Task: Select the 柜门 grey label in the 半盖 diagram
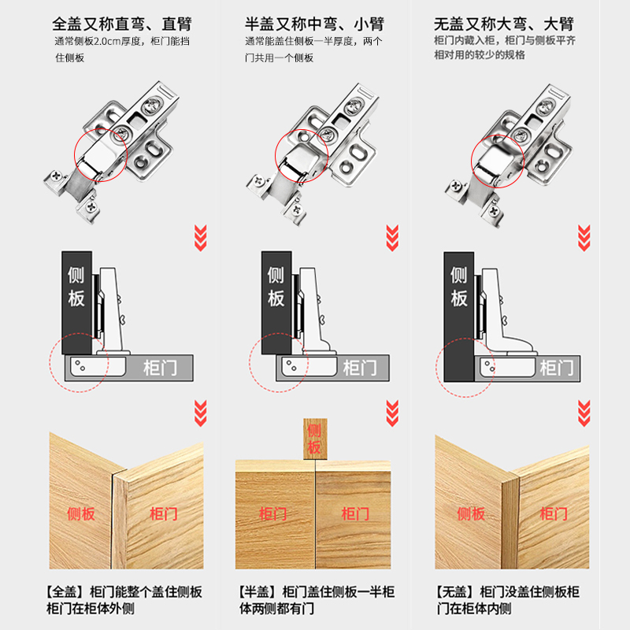coord(360,368)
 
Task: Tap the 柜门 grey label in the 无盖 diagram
coord(556,368)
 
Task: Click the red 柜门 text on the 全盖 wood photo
coord(163,514)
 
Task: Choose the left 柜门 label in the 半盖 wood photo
coord(273,514)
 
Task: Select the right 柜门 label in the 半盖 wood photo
coord(355,514)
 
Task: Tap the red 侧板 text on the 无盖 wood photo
coord(472,514)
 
